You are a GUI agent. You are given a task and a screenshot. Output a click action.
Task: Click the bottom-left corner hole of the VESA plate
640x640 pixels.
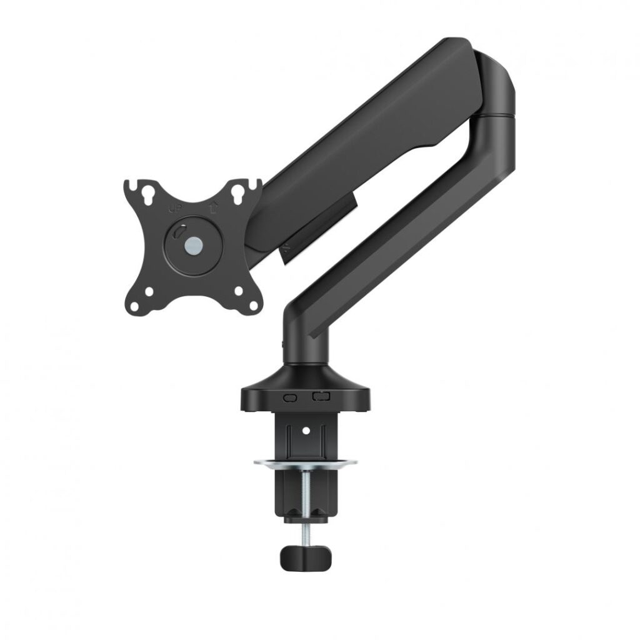(150, 290)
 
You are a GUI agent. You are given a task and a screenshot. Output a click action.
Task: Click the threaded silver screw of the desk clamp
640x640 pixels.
(305, 494)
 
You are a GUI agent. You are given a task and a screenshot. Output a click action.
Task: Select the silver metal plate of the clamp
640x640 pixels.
(305, 463)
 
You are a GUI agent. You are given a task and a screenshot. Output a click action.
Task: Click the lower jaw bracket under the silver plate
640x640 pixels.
(305, 500)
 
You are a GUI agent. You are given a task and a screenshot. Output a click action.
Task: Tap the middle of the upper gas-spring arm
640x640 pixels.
(369, 144)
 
